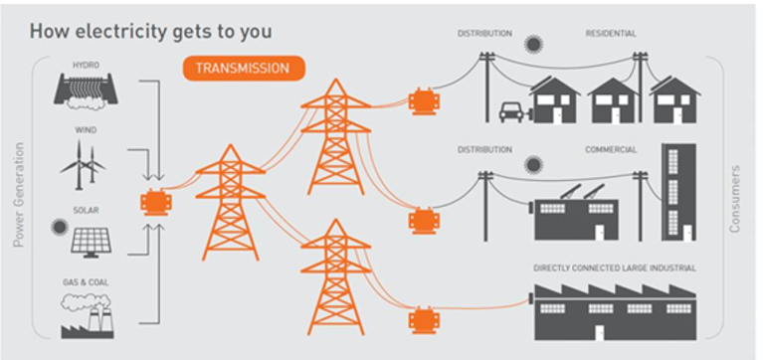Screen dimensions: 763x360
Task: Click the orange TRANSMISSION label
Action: point(244,68)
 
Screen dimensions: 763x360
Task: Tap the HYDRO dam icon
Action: point(86,90)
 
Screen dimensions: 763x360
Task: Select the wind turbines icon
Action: point(83,165)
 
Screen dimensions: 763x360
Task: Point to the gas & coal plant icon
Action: point(88,315)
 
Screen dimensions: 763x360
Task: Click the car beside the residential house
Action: point(512,112)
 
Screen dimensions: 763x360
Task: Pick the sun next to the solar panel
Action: point(60,227)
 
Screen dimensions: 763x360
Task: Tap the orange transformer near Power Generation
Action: point(156,202)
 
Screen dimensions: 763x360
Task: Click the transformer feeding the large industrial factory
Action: point(424,320)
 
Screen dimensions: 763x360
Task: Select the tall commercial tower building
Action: point(678,192)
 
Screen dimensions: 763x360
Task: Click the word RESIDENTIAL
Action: point(611,34)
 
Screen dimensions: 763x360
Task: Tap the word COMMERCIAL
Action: point(611,150)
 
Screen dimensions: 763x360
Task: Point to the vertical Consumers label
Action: point(735,199)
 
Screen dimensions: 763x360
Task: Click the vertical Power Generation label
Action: point(19,195)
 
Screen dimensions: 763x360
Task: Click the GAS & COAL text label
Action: point(86,282)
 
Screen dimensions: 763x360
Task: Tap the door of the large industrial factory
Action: point(600,333)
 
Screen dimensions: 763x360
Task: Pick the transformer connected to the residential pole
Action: point(424,101)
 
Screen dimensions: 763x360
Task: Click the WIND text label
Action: point(86,130)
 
